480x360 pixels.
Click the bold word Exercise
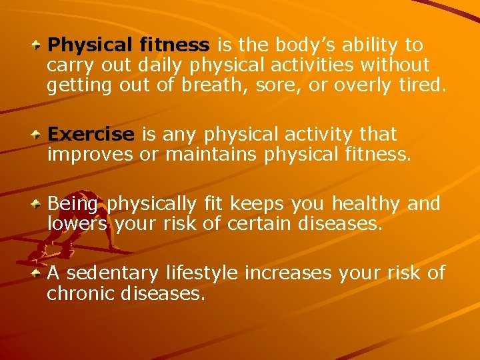pos(91,135)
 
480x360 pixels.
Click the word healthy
pos(373,203)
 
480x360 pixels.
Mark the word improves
pos(91,155)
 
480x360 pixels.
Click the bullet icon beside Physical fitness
pos(39,45)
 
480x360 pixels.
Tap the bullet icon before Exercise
pos(39,135)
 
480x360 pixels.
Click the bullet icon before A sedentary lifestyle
pos(39,273)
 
